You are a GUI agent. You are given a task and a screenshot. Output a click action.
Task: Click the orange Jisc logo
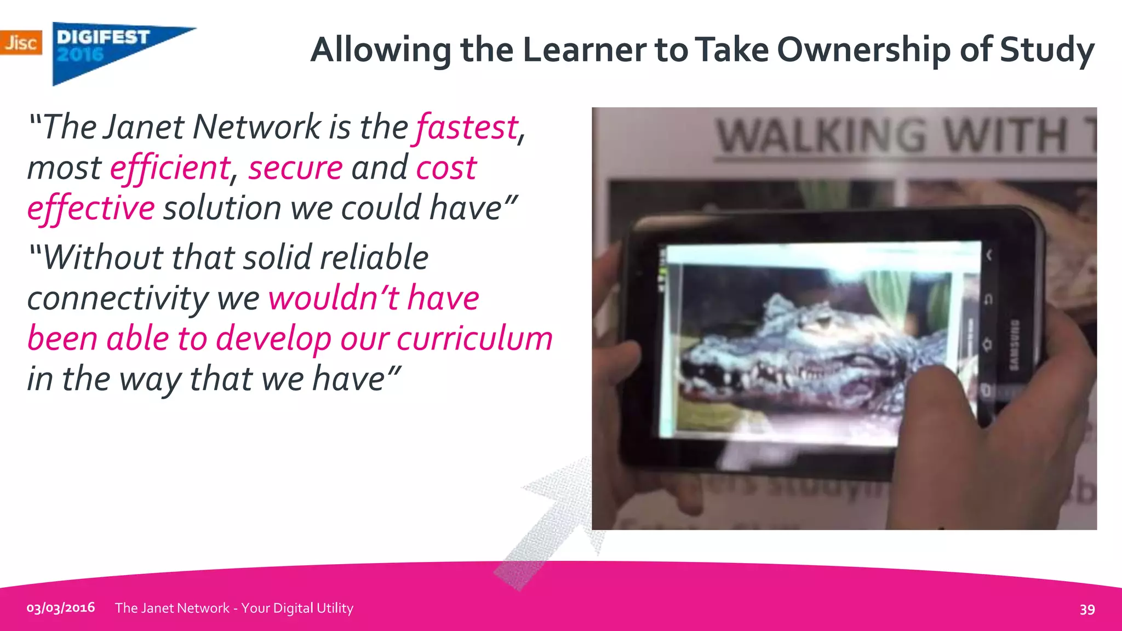pyautogui.click(x=21, y=42)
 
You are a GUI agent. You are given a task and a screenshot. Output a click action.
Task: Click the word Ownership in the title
pyautogui.click(x=863, y=49)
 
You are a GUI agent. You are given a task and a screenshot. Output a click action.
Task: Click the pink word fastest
pyautogui.click(x=467, y=128)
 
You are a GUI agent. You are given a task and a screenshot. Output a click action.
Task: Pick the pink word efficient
pyautogui.click(x=170, y=168)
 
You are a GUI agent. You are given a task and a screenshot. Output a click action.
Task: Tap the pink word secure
pyautogui.click(x=295, y=168)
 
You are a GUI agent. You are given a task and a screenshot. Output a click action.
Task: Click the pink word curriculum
pyautogui.click(x=474, y=339)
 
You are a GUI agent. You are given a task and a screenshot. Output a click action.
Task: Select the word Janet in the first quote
pyautogui.click(x=144, y=128)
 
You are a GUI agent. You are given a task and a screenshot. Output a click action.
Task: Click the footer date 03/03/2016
pyautogui.click(x=61, y=608)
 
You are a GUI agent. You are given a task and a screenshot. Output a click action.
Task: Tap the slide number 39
pyautogui.click(x=1087, y=609)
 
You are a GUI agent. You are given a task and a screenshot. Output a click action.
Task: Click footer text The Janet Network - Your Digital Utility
pyautogui.click(x=234, y=608)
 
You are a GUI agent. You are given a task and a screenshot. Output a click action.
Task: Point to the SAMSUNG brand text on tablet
pyautogui.click(x=1014, y=345)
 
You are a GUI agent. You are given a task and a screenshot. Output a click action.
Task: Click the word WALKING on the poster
pyautogui.click(x=822, y=136)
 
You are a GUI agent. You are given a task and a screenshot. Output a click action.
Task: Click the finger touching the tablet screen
pyautogui.click(x=931, y=383)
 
